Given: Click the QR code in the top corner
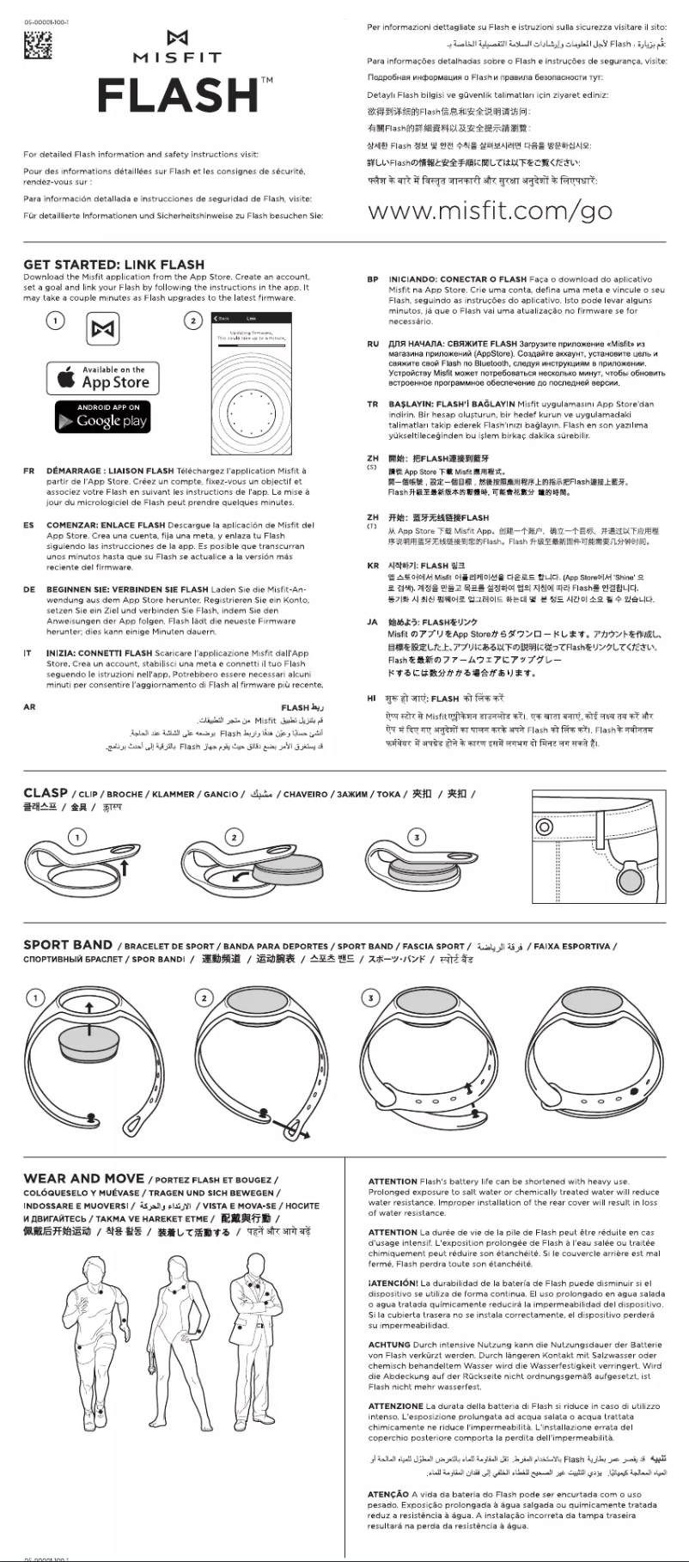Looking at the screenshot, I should click(37, 46).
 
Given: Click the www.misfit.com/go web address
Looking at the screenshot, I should click(490, 211).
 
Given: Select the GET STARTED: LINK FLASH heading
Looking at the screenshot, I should click(114, 265).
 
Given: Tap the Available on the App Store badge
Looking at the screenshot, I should click(103, 377).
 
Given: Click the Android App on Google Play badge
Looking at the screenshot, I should click(103, 416).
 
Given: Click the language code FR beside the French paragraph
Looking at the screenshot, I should click(29, 471).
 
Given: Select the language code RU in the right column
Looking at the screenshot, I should click(372, 344).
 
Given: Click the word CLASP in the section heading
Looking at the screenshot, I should click(46, 793).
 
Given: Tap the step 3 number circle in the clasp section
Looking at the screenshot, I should click(417, 837).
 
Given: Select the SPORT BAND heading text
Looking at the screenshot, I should click(68, 945).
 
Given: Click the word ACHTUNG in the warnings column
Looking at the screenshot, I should click(389, 1345).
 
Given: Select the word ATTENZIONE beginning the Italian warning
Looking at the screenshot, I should click(396, 1406).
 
